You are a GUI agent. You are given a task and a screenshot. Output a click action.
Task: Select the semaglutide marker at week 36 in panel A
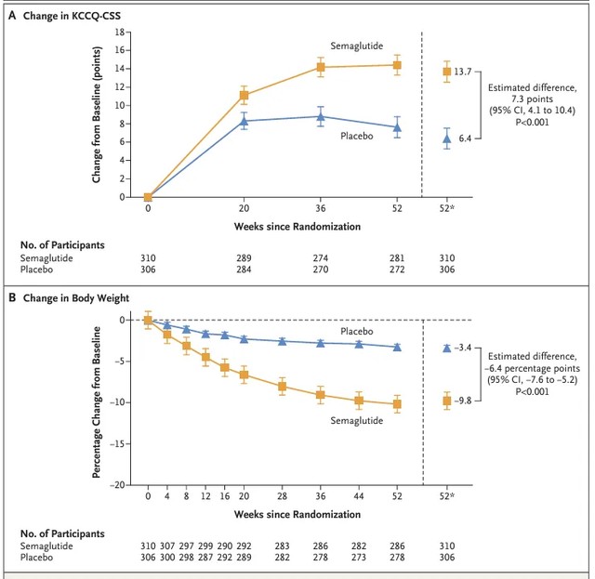(320, 67)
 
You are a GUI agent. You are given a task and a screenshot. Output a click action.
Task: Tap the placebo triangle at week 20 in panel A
(243, 121)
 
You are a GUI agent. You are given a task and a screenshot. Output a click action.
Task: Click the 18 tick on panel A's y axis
(119, 32)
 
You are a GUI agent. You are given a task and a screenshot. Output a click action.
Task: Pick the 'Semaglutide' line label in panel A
(357, 45)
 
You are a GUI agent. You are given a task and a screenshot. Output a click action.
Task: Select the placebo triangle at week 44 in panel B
(358, 344)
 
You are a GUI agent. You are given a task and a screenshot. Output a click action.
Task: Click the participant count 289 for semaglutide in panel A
(243, 257)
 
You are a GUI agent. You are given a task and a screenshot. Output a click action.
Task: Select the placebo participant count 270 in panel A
(320, 270)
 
